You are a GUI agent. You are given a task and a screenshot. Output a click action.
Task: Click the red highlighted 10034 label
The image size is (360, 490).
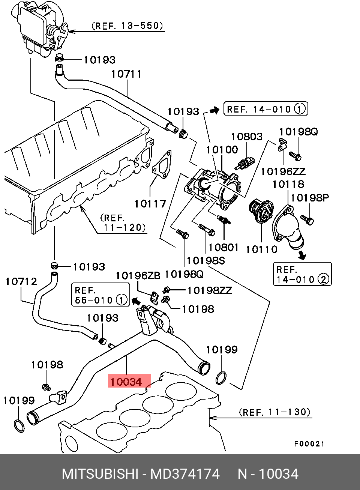click(x=129, y=382)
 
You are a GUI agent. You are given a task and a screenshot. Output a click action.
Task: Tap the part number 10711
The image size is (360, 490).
click(x=126, y=74)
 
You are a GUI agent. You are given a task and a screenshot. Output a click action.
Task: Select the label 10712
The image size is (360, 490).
click(x=21, y=281)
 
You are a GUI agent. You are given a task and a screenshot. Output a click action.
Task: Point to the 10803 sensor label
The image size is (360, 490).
click(x=246, y=137)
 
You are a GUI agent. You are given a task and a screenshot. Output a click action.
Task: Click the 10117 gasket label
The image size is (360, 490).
click(x=150, y=204)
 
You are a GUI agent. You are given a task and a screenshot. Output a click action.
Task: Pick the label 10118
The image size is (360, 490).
click(x=288, y=184)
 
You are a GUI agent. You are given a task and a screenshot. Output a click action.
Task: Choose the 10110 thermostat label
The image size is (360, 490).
click(x=262, y=249)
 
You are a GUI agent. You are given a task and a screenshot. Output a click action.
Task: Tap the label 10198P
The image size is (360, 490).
click(x=309, y=198)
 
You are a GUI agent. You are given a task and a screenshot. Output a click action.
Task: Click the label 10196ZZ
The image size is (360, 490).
click(x=283, y=171)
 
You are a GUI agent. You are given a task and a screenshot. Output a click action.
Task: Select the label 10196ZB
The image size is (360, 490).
click(x=138, y=276)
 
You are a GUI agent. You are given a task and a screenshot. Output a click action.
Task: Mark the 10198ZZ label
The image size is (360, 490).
click(x=210, y=290)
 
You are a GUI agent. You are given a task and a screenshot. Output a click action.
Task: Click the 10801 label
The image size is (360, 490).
click(x=223, y=247)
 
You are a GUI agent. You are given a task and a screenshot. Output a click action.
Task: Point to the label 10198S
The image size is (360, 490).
click(x=205, y=260)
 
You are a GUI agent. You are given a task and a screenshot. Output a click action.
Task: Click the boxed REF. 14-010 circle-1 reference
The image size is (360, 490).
click(x=265, y=109)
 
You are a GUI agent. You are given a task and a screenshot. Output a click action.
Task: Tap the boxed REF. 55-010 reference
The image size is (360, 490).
click(x=100, y=295)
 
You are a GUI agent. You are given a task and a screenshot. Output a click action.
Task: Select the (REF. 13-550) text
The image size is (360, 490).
click(x=127, y=26)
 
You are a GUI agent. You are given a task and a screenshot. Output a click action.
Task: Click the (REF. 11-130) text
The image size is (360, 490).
click(x=274, y=412)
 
